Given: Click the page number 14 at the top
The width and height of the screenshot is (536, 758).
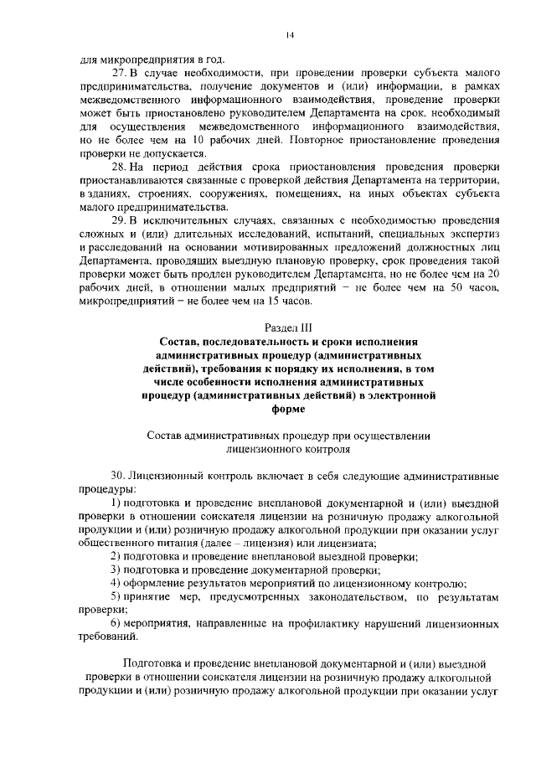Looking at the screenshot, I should pos(289,34).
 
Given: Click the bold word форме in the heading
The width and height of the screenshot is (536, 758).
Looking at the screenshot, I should pos(288,410).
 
